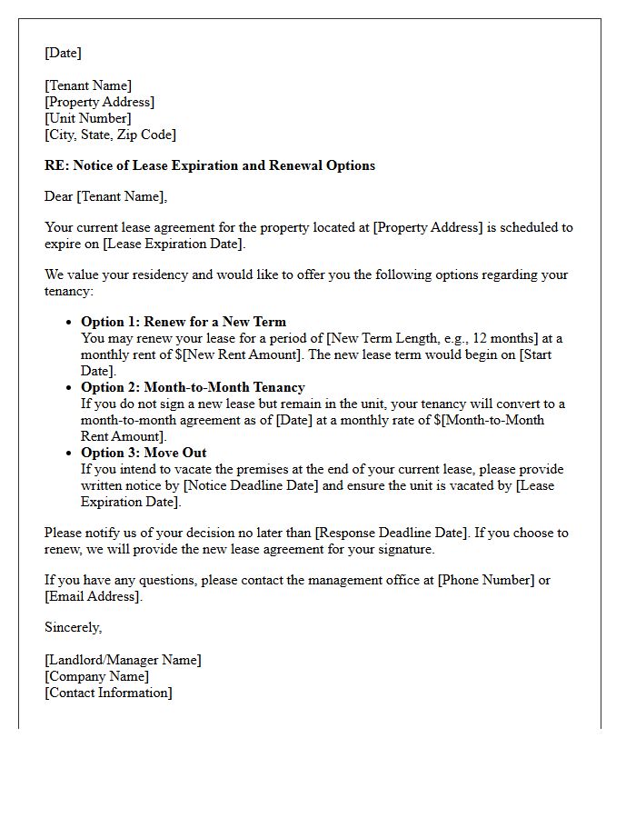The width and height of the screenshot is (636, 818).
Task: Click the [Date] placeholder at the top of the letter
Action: coord(63,53)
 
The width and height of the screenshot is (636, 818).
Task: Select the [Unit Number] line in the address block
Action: coord(88,118)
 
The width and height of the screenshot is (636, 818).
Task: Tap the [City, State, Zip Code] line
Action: coord(110,135)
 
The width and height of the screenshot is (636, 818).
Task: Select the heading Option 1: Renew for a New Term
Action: coord(184,322)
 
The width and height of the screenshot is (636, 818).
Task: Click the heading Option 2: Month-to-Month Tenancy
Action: coord(193,387)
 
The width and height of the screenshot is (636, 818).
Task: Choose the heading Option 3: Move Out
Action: coord(144,453)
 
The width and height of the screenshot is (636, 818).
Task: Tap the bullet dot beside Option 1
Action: coord(69,323)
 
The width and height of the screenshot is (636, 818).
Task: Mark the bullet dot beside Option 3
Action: coord(69,454)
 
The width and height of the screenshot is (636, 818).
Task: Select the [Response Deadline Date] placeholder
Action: coord(391,533)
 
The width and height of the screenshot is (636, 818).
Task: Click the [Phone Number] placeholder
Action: coord(486,580)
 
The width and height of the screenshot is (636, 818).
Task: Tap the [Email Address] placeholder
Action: coord(93,596)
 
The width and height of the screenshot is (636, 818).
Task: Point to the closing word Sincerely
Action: coord(73,627)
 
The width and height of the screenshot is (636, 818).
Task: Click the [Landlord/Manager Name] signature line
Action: coord(123,660)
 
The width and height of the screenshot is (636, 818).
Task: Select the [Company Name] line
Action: coord(96,676)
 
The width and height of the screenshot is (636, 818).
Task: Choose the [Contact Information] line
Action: coord(108,693)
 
